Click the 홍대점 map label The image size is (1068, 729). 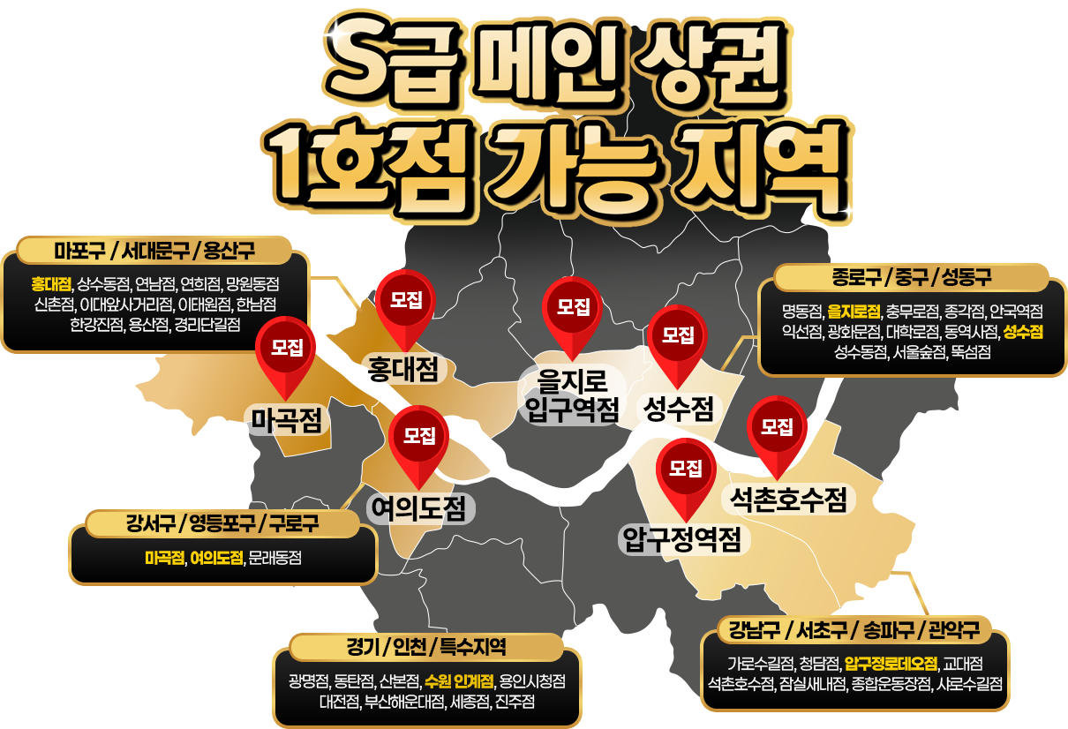[x=403, y=369]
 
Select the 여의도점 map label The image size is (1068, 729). [x=421, y=507]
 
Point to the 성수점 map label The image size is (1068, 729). [x=679, y=408]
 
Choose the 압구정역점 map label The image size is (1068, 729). [x=681, y=537]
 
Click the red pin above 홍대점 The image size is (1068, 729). [x=406, y=304]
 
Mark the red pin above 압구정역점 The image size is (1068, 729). [x=685, y=471]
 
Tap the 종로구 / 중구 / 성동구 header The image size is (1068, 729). [x=911, y=277]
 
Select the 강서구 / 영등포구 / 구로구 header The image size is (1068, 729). [x=222, y=523]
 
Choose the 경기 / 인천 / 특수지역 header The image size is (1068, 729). [x=425, y=647]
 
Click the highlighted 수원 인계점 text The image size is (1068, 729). [x=458, y=681]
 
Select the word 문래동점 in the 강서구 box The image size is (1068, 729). [x=275, y=558]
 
